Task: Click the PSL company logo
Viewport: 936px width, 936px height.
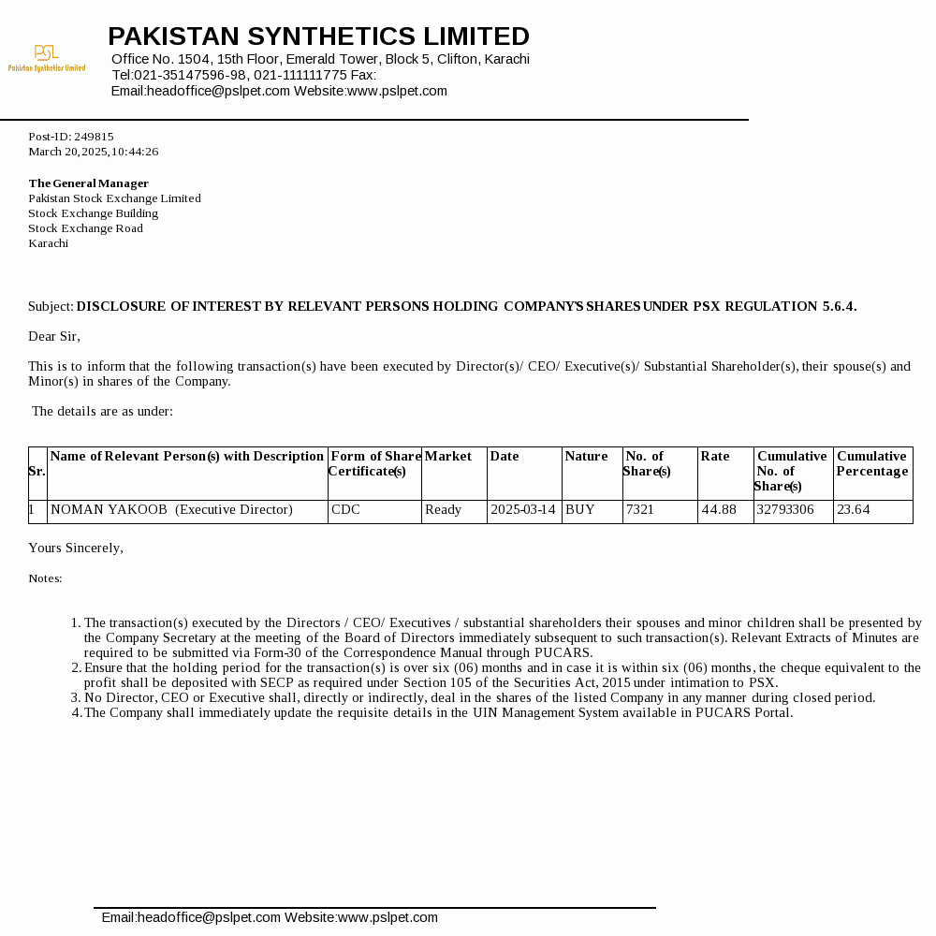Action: tap(46, 57)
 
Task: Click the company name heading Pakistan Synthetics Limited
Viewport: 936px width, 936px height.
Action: tap(318, 37)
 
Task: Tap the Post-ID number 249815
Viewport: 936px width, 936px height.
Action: tap(94, 137)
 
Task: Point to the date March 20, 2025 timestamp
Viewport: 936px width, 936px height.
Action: tap(93, 152)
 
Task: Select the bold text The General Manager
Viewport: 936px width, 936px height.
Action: tap(88, 183)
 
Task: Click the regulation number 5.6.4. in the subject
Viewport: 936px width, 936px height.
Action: tap(839, 306)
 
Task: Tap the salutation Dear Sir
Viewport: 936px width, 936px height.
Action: tap(54, 336)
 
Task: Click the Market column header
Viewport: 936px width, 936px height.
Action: tap(447, 457)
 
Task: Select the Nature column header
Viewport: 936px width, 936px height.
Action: tap(586, 457)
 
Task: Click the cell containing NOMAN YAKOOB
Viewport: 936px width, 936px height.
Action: tap(171, 510)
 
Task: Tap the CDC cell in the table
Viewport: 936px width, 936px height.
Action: tap(345, 510)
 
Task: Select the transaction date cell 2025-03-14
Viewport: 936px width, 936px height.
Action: tap(522, 510)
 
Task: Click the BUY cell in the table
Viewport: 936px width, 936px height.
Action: tap(580, 510)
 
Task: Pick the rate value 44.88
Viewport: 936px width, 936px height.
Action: tap(719, 510)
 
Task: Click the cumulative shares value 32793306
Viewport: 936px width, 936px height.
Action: tap(785, 510)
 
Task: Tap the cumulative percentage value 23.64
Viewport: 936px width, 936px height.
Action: tap(854, 510)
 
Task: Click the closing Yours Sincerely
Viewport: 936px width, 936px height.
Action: tap(76, 548)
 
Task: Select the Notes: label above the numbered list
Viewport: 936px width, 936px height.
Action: tap(45, 578)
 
